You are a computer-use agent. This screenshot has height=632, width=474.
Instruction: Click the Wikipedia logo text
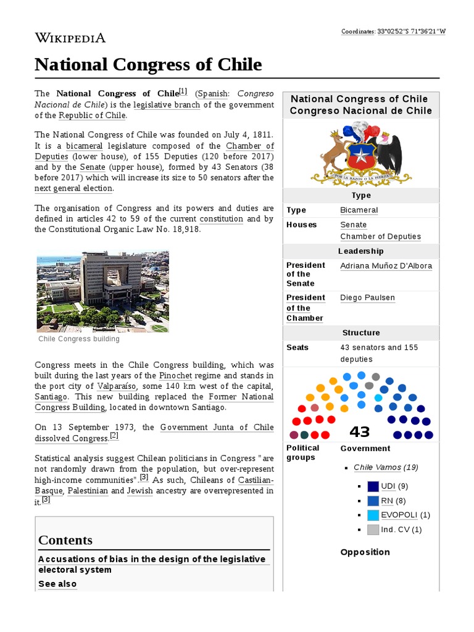(x=70, y=38)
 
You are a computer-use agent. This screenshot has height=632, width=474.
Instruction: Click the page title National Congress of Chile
(x=148, y=64)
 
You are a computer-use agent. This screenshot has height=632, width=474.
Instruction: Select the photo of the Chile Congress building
(x=102, y=291)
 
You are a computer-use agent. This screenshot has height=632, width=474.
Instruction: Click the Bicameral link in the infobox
(x=359, y=210)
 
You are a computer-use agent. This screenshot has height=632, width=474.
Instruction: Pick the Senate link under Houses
(x=353, y=225)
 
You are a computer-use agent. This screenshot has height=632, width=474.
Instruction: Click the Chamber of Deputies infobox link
(x=380, y=236)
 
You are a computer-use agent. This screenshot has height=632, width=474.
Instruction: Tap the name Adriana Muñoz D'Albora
(x=386, y=265)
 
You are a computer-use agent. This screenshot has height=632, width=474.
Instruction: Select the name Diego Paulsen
(x=367, y=297)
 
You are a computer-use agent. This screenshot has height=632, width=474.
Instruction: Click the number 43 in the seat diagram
(x=359, y=431)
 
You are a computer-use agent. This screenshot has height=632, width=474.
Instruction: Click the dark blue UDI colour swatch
(x=373, y=486)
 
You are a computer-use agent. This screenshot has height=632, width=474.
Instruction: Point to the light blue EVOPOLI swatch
(x=373, y=515)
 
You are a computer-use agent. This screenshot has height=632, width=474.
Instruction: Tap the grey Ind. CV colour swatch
(x=373, y=529)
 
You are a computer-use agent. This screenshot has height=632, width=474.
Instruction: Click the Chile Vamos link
(x=377, y=467)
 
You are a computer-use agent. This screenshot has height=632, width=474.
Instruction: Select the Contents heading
(x=65, y=540)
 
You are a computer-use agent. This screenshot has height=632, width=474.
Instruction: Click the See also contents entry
(x=57, y=584)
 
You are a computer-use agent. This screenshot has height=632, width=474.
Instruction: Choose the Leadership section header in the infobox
(x=360, y=251)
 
